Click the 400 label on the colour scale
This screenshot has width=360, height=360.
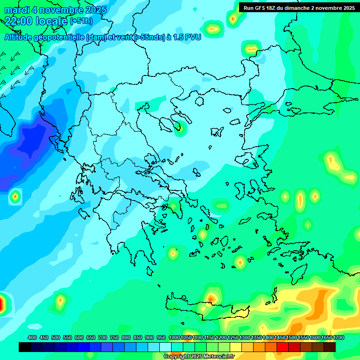(32, 338)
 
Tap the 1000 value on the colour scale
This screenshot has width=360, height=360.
(174, 338)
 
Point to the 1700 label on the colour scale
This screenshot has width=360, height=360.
(338, 338)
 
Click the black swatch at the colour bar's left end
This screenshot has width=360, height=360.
(25, 347)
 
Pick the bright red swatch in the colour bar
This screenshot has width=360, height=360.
(283, 347)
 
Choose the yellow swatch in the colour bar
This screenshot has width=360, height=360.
(236, 347)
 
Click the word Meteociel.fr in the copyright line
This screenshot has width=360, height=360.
(222, 357)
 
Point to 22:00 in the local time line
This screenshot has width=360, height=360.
(18, 21)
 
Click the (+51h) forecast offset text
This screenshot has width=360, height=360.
(81, 21)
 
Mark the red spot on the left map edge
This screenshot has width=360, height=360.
(1, 304)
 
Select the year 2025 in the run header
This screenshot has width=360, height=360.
(347, 8)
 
